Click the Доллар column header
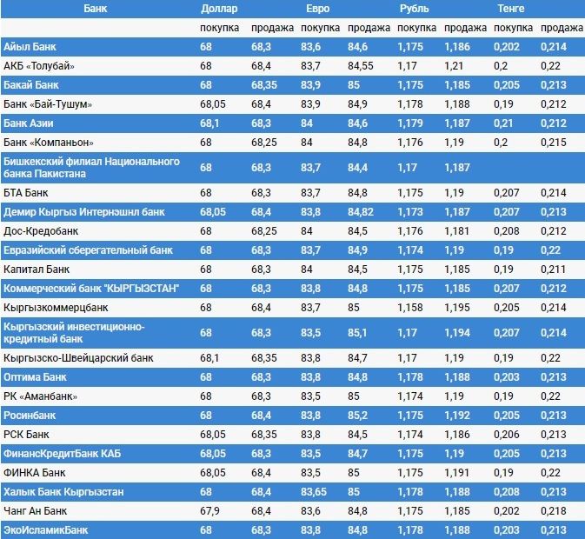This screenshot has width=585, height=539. pyautogui.click(x=219, y=8)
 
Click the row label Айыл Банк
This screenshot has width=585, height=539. pyautogui.click(x=30, y=46)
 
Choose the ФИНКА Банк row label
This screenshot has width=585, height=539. pyautogui.click(x=35, y=472)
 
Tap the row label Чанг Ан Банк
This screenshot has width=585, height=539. pyautogui.click(x=36, y=510)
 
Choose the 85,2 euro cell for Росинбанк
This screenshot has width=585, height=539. pyautogui.click(x=357, y=415)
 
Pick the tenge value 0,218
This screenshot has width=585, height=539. pyautogui.click(x=553, y=510)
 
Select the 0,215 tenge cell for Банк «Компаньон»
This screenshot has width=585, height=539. pyautogui.click(x=553, y=142)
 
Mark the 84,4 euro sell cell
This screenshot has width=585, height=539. pyautogui.click(x=357, y=167)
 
